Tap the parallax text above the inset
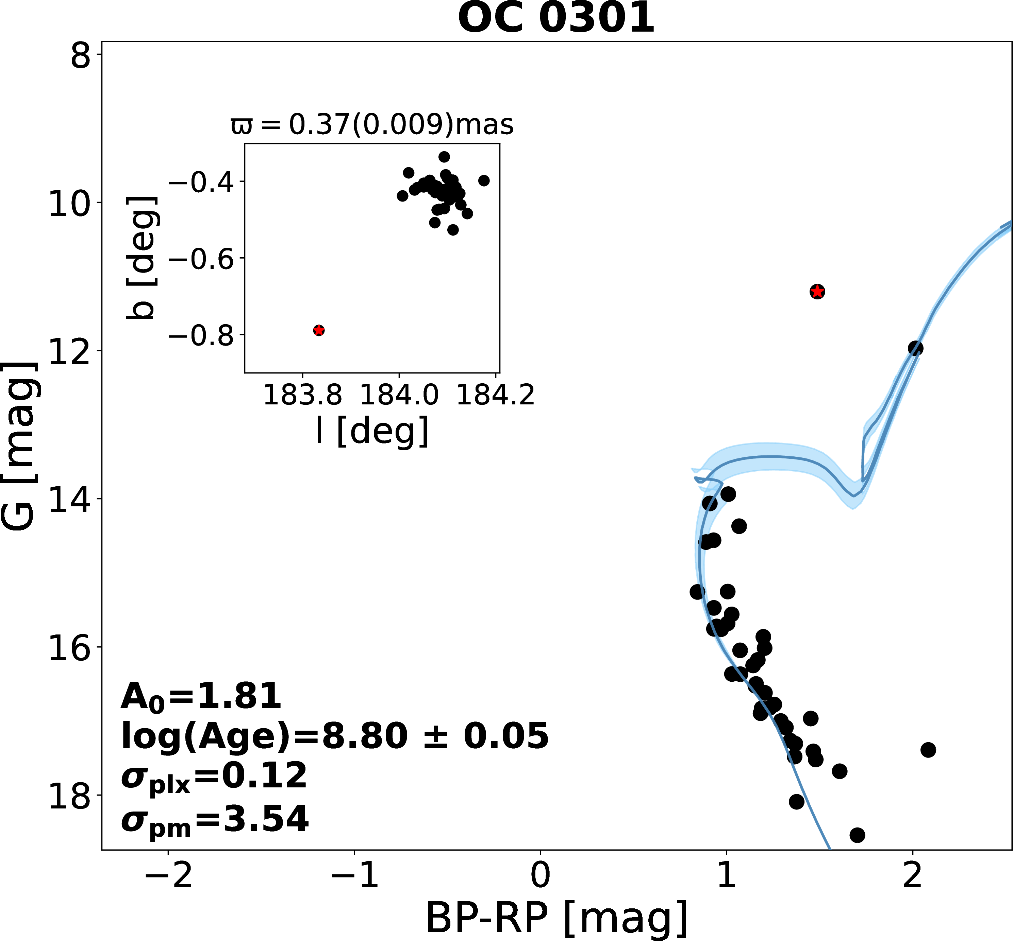point(372,124)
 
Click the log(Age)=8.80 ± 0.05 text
point(335,736)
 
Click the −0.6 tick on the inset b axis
point(201,259)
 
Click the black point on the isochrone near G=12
point(915,348)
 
